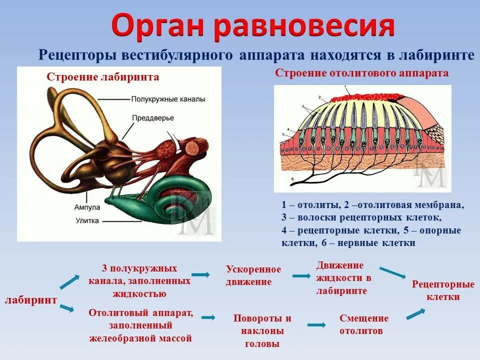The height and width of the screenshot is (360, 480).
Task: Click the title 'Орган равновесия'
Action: click(253, 25)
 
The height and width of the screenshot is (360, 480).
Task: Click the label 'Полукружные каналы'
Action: click(168, 99)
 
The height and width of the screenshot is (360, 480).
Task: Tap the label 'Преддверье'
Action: click(153, 118)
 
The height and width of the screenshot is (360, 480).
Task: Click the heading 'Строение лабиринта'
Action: click(103, 77)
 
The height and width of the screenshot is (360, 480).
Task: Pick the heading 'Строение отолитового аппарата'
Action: click(361, 73)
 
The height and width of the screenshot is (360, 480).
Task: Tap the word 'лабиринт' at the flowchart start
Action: click(31, 300)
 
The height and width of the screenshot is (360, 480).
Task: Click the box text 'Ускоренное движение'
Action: click(253, 275)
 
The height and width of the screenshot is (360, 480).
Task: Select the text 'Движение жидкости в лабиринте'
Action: click(343, 278)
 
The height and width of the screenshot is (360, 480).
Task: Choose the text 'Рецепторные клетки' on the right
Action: click(443, 290)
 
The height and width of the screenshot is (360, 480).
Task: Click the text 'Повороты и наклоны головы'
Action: click(262, 331)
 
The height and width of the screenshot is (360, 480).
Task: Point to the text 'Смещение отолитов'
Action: click(363, 325)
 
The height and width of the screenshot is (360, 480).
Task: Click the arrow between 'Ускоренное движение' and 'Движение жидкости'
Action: click(301, 275)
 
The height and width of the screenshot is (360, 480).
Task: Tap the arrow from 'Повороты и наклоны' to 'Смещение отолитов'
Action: click(316, 325)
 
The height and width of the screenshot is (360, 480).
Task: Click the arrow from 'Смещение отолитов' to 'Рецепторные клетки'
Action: click(415, 314)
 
